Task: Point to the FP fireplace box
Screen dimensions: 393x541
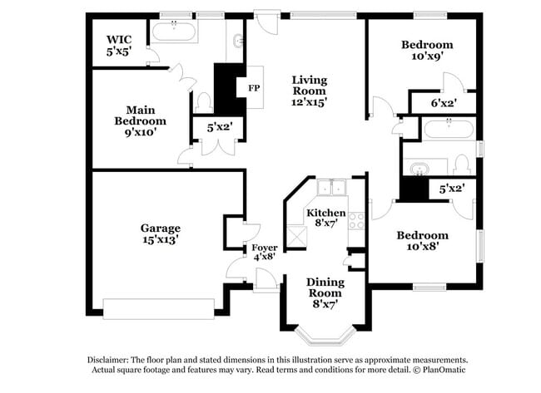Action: (x=251, y=86)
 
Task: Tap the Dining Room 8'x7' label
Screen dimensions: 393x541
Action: (x=325, y=293)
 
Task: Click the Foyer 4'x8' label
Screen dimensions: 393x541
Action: (x=264, y=253)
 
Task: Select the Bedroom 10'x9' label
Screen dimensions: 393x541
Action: (x=426, y=51)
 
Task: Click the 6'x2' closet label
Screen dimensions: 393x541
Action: (x=443, y=103)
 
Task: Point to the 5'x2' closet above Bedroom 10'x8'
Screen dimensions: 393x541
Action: (x=451, y=189)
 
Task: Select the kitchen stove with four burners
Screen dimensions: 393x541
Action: (x=356, y=220)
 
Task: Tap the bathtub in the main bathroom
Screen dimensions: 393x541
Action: (x=174, y=33)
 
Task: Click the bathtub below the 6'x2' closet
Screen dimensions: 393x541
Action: (x=449, y=128)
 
